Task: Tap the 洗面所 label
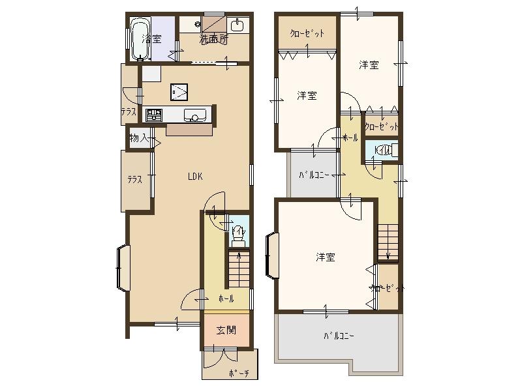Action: tap(213, 39)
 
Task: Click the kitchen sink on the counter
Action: tap(194, 116)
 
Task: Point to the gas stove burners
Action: tap(154, 116)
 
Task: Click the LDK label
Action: tap(195, 176)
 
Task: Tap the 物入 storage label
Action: tap(138, 138)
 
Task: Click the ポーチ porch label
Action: tap(238, 373)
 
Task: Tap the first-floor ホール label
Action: tap(226, 298)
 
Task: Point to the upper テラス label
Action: tap(128, 112)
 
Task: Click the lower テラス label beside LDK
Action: tap(134, 180)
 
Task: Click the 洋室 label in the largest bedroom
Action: tap(326, 257)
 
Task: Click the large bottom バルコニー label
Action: tap(339, 337)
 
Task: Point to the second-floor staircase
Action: tap(388, 242)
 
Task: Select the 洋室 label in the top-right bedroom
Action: tap(369, 65)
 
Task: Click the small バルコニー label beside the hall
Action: tap(313, 175)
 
